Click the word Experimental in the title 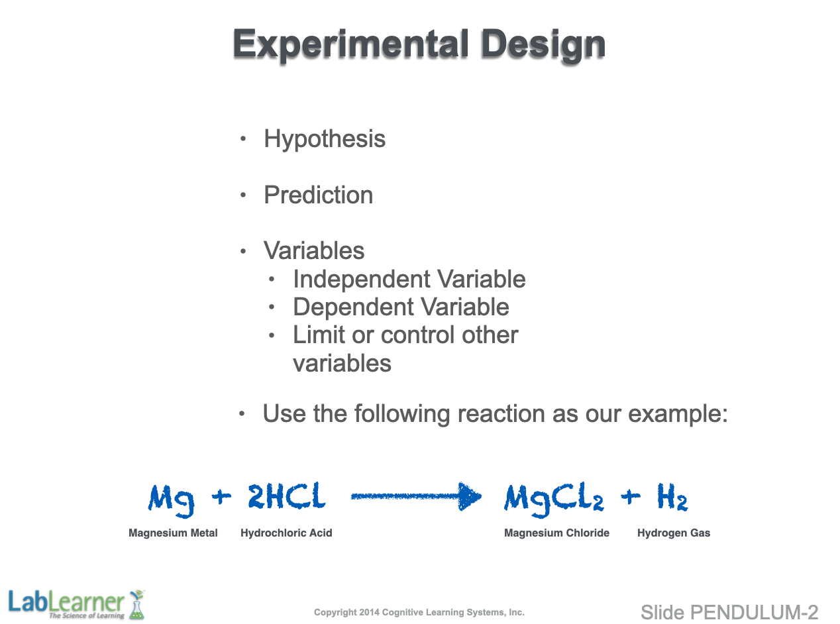tap(351, 45)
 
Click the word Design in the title tap(543, 45)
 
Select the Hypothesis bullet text tap(325, 139)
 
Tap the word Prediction tap(319, 195)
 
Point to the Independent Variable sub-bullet tap(409, 279)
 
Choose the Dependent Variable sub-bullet tap(401, 307)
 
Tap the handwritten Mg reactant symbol tap(171, 500)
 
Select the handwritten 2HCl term tap(287, 495)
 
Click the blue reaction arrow tap(416, 496)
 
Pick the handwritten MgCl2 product tap(554, 499)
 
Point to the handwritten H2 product tap(672, 497)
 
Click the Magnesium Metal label tap(173, 533)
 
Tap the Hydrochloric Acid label tap(286, 533)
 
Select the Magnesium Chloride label tap(556, 533)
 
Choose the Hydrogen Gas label tap(674, 533)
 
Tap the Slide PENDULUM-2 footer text tap(729, 612)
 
